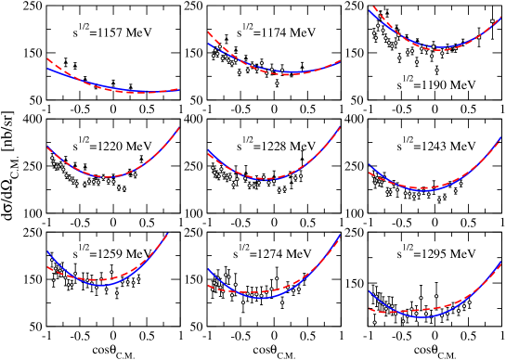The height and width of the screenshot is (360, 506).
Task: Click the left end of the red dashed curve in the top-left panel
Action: [47, 58]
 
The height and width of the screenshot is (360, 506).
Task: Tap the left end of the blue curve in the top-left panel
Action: [47, 68]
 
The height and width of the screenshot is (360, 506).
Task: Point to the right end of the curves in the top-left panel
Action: [178, 89]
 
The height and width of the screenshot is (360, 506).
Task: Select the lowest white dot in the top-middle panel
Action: [276, 83]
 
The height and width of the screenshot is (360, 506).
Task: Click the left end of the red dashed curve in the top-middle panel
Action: [208, 32]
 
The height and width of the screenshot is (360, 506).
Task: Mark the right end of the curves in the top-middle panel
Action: [340, 60]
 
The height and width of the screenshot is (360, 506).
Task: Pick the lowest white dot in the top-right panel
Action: [436, 70]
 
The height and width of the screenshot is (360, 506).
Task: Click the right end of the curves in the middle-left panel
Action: [179, 128]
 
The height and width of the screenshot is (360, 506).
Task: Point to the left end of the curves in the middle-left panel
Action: [47, 148]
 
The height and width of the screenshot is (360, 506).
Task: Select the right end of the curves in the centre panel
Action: [340, 128]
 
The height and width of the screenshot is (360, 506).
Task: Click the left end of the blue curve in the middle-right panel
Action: [370, 165]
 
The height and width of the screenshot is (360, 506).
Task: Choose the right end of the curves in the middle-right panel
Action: [501, 138]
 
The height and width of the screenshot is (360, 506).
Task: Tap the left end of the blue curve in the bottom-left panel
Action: [47, 252]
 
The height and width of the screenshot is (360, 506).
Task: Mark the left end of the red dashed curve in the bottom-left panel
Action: [47, 267]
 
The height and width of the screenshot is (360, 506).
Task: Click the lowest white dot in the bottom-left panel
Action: [116, 292]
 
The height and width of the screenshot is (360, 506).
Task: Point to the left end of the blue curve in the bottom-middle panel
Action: [208, 269]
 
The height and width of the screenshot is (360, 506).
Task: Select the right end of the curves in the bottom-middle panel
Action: [340, 235]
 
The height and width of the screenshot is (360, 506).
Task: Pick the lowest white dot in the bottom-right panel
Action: [374, 322]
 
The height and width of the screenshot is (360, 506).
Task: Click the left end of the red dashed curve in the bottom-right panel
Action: [370, 308]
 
